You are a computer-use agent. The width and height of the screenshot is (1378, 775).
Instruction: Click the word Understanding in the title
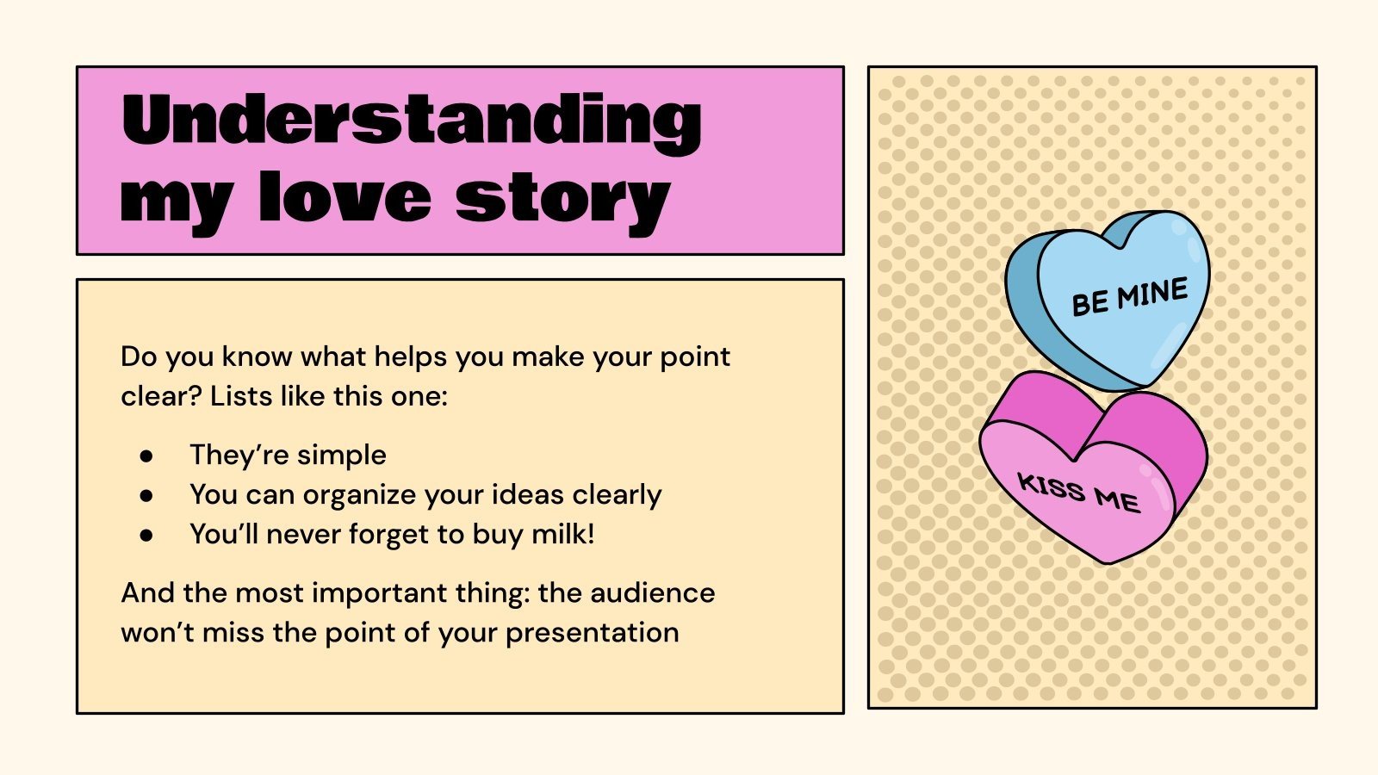pyautogui.click(x=412, y=121)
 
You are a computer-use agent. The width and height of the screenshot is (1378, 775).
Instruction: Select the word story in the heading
pyautogui.click(x=562, y=200)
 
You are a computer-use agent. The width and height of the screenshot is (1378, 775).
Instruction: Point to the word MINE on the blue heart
pyautogui.click(x=1152, y=294)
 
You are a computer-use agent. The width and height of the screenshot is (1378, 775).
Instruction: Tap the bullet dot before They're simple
pyautogui.click(x=146, y=456)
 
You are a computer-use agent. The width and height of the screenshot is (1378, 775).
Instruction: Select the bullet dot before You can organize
pyautogui.click(x=146, y=495)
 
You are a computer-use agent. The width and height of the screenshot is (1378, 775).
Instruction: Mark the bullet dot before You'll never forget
pyautogui.click(x=146, y=535)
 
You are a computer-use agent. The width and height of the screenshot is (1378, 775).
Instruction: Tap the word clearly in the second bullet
pyautogui.click(x=617, y=495)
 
